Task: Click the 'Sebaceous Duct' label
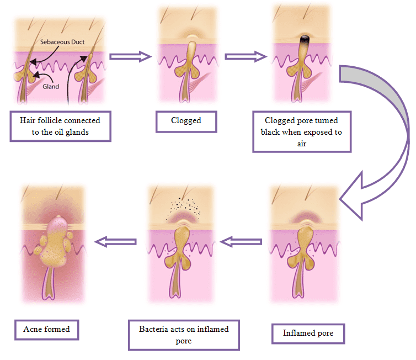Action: (x=62, y=42)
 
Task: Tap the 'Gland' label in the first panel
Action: (x=51, y=87)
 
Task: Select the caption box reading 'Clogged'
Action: (x=186, y=120)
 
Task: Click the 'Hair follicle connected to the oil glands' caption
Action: (x=60, y=126)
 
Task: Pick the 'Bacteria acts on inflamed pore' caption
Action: (x=184, y=334)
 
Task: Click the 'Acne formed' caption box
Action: (x=47, y=329)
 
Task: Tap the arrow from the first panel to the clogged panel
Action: (x=130, y=56)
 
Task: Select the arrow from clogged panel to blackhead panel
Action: (x=246, y=56)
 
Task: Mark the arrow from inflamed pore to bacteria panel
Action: (x=242, y=241)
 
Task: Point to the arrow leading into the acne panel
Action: (x=116, y=241)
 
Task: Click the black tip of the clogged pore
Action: (x=303, y=39)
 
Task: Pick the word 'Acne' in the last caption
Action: (x=33, y=329)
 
